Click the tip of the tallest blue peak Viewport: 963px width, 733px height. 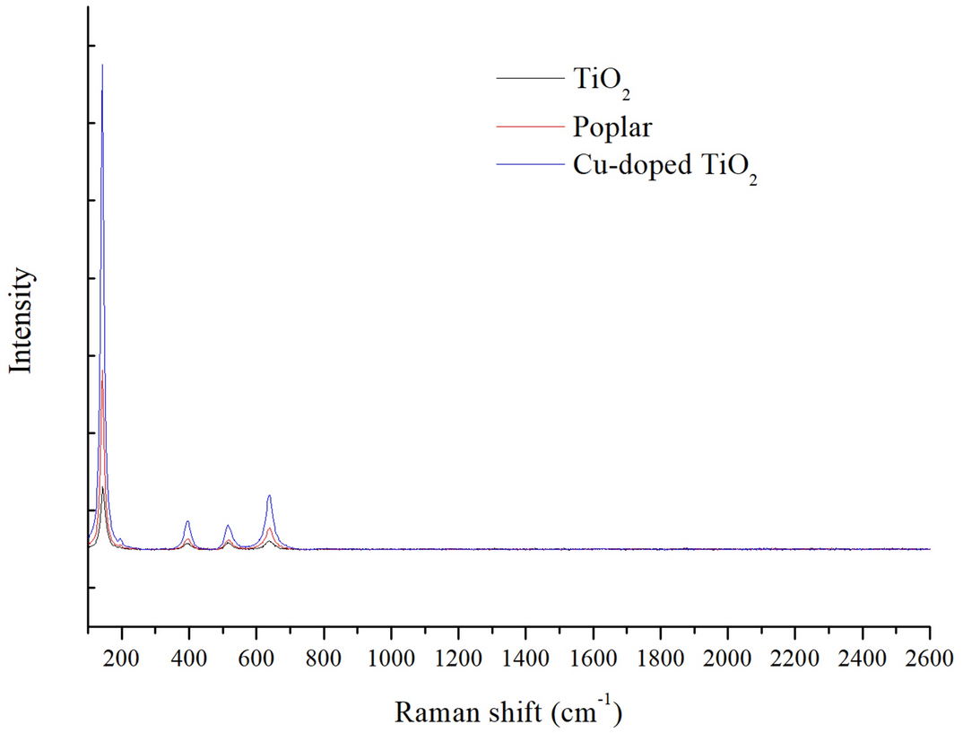102,65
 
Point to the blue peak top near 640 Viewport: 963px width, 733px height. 269,495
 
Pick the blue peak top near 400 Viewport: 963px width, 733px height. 187,520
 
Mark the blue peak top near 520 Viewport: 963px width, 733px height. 228,525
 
